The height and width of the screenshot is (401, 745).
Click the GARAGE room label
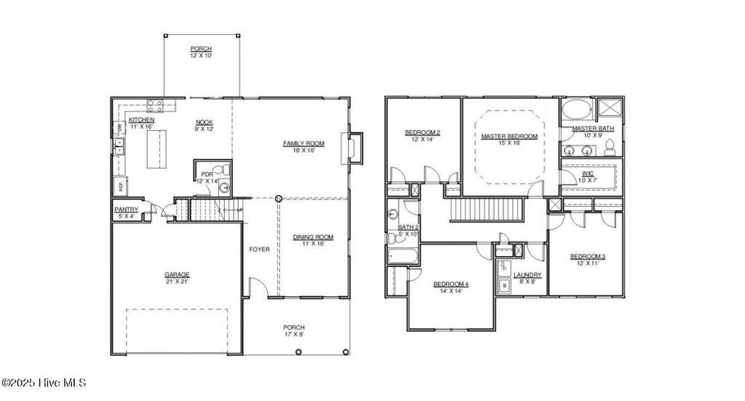176,274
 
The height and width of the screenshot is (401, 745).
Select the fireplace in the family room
355,148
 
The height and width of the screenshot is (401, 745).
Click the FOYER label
259,250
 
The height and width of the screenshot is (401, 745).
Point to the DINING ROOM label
313,237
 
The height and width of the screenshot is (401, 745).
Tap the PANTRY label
126,210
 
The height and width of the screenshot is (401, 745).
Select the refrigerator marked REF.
120,186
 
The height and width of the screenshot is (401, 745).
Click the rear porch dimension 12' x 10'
202,55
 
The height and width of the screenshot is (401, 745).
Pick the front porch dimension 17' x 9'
294,336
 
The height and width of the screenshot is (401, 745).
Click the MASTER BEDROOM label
509,136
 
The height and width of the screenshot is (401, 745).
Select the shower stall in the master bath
609,110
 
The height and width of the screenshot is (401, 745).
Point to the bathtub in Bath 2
402,256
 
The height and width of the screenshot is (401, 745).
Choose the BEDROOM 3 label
587,256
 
